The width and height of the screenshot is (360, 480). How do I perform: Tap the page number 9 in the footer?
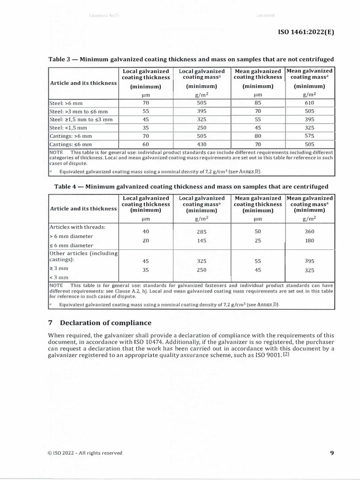tap(332, 453)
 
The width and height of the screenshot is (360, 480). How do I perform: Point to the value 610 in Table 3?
tap(309, 103)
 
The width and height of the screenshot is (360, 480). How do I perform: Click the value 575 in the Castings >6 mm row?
tap(309, 136)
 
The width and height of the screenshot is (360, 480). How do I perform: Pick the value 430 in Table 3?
tap(202, 145)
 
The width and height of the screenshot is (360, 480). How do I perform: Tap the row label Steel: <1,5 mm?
tap(68, 127)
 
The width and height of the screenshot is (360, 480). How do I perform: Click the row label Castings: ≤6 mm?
tap(71, 145)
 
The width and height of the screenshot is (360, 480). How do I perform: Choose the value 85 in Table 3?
tap(257, 103)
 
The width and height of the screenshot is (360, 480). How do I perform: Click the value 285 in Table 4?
tap(202, 232)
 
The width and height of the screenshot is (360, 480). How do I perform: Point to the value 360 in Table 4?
tap(309, 232)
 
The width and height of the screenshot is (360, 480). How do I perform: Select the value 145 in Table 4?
tap(202, 241)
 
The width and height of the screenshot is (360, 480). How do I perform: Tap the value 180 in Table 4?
tap(309, 241)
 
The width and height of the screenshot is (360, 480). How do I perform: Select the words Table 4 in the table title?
tap(66, 187)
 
